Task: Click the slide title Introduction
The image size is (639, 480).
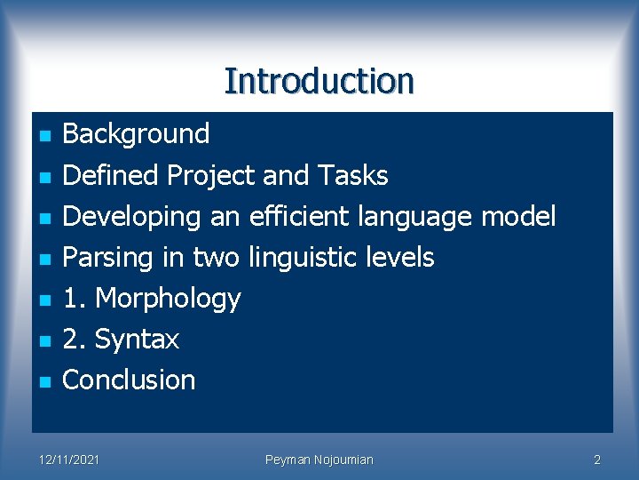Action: [x=319, y=81]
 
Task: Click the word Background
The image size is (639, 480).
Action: [x=136, y=134]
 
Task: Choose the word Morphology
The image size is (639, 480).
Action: [x=168, y=299]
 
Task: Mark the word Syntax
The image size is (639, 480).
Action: [x=137, y=340]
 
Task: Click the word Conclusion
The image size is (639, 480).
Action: [x=129, y=380]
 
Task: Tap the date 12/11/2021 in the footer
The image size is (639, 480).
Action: [x=69, y=460]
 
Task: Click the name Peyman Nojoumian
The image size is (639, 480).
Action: [x=319, y=460]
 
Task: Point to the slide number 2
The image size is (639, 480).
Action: [x=596, y=460]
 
